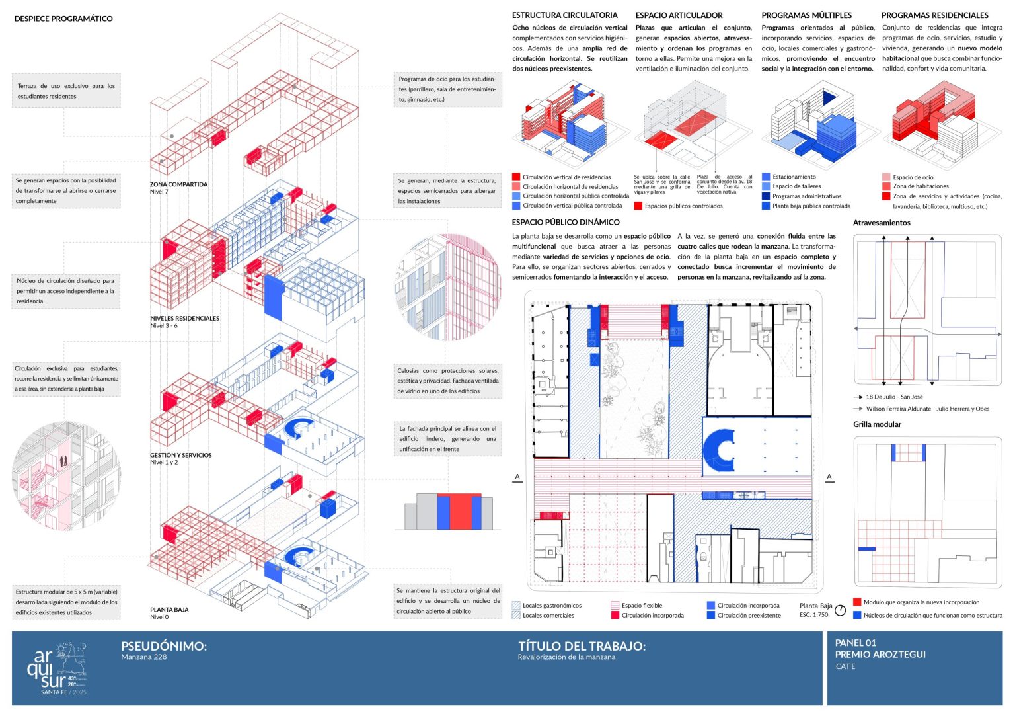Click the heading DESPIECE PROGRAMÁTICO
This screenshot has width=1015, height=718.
click(63, 19)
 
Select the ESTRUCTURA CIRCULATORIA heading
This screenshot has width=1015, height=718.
click(564, 15)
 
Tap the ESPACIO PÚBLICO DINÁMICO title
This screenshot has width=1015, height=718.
click(566, 222)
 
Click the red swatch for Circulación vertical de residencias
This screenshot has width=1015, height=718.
click(516, 177)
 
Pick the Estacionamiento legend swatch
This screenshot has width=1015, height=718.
click(766, 177)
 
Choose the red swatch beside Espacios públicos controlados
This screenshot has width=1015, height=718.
click(638, 206)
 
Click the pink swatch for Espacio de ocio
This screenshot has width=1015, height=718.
click(886, 177)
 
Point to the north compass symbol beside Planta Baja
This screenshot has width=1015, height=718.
click(840, 610)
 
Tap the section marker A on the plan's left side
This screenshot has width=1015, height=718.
click(517, 477)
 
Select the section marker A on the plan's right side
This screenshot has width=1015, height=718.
click(829, 477)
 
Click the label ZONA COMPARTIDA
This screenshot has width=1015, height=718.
click(178, 184)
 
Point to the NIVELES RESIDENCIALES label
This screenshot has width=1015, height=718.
click(184, 318)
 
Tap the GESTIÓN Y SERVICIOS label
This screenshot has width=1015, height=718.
click(180, 455)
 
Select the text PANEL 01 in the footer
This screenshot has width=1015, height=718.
click(855, 643)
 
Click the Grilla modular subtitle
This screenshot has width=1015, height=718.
click(877, 424)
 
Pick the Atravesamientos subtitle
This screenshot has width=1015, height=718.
click(882, 223)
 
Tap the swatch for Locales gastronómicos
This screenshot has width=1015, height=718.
click(516, 605)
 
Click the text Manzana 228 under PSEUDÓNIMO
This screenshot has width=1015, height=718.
click(143, 657)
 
